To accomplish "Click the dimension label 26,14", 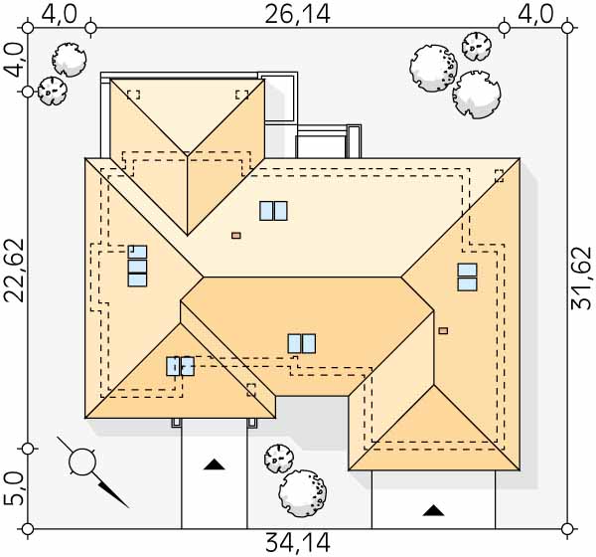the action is (297, 15).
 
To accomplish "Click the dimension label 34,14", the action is (297, 543).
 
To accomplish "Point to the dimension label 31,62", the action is (581, 278).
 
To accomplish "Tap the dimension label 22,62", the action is (14, 271).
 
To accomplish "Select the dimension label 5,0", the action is (14, 488).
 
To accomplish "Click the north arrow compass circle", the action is (82, 462).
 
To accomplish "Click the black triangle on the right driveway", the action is (433, 510).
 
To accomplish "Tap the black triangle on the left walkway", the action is (214, 464).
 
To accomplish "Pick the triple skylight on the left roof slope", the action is (137, 266).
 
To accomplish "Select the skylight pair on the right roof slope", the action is (467, 277).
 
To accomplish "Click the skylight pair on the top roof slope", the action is (273, 211).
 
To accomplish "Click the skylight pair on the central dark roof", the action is (301, 343).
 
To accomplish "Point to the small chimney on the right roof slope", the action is (443, 331).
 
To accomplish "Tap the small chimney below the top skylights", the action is (236, 236).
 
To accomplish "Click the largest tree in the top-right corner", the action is (433, 69).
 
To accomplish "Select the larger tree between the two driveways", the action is (303, 493).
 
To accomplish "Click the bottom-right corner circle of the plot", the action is (567, 529).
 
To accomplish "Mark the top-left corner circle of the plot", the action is (28, 28).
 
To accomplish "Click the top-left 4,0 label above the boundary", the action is (59, 15).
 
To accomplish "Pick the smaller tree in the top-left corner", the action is (52, 91).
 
